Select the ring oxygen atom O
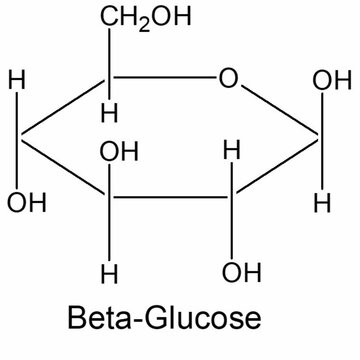pos(229,78)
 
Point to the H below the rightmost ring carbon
pos(322,204)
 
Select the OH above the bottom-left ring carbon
pos(119,154)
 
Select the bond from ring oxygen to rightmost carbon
pos(281,109)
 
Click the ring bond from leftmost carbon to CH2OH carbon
pos(65,111)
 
